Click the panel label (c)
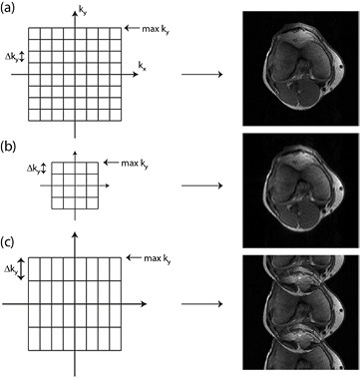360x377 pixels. (x=9, y=240)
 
